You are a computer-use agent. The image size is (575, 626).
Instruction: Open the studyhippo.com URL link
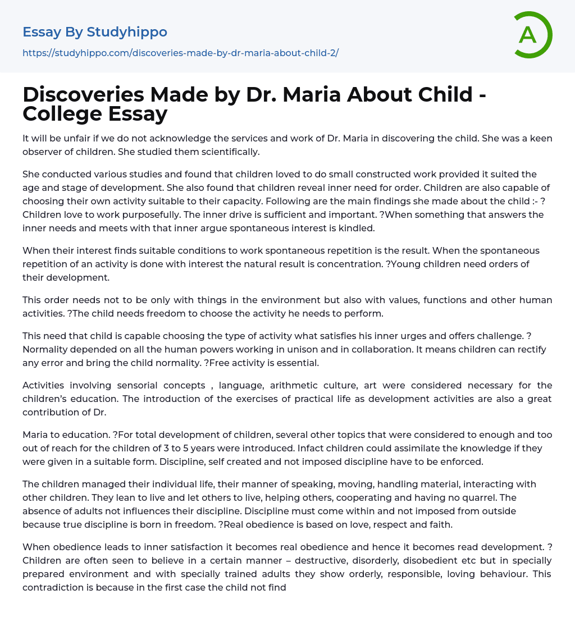coord(180,53)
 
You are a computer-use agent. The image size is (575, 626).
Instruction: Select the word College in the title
coord(62,113)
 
